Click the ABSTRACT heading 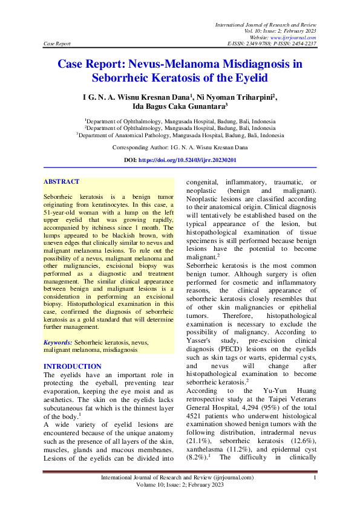point(61,181)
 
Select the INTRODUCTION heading point(73,366)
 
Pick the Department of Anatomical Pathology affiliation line point(180,136)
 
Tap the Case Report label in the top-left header point(57,44)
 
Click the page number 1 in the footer point(315,478)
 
